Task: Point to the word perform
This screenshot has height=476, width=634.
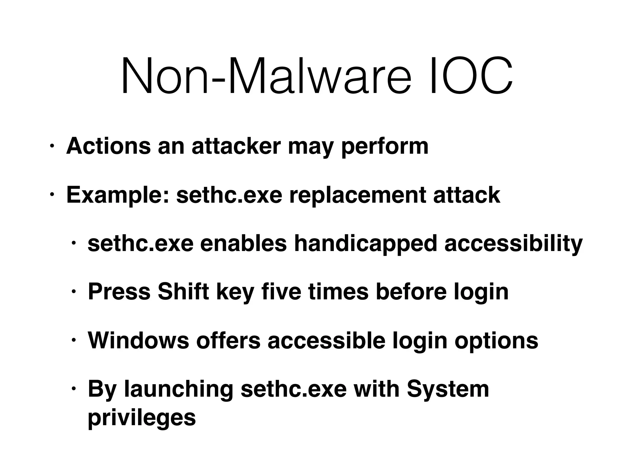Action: click(x=385, y=146)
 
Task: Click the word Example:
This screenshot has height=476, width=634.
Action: click(x=118, y=195)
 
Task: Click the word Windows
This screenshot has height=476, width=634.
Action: click(x=138, y=341)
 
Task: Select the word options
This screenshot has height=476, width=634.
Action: click(x=497, y=341)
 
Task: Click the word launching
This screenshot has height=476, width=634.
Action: click(x=179, y=389)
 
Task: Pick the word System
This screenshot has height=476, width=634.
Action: click(x=448, y=389)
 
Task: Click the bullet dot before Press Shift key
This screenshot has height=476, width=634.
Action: click(x=73, y=292)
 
